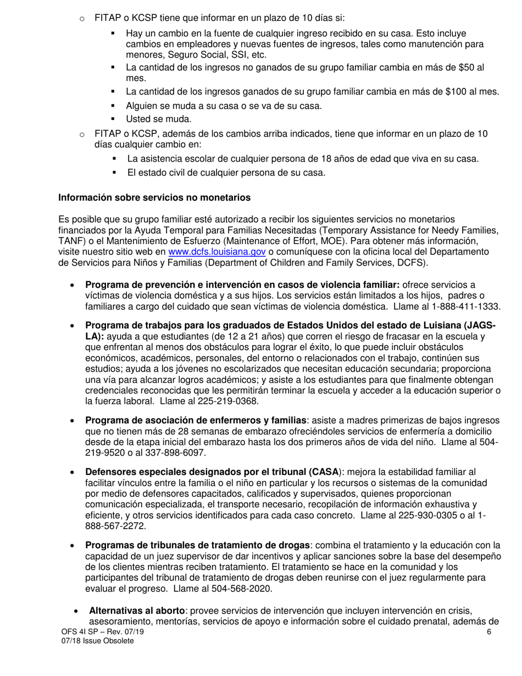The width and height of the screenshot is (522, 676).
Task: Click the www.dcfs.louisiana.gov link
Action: tap(217, 251)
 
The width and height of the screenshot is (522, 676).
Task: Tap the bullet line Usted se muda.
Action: tap(159, 118)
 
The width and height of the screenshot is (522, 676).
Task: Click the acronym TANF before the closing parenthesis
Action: tap(69, 241)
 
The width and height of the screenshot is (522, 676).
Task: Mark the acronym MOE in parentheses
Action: tap(329, 241)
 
